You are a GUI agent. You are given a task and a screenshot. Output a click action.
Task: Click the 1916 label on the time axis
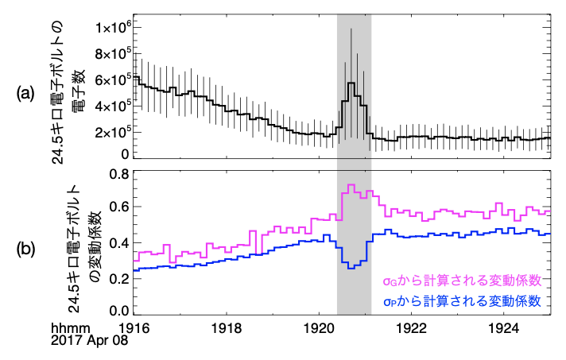coord(134,327)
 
